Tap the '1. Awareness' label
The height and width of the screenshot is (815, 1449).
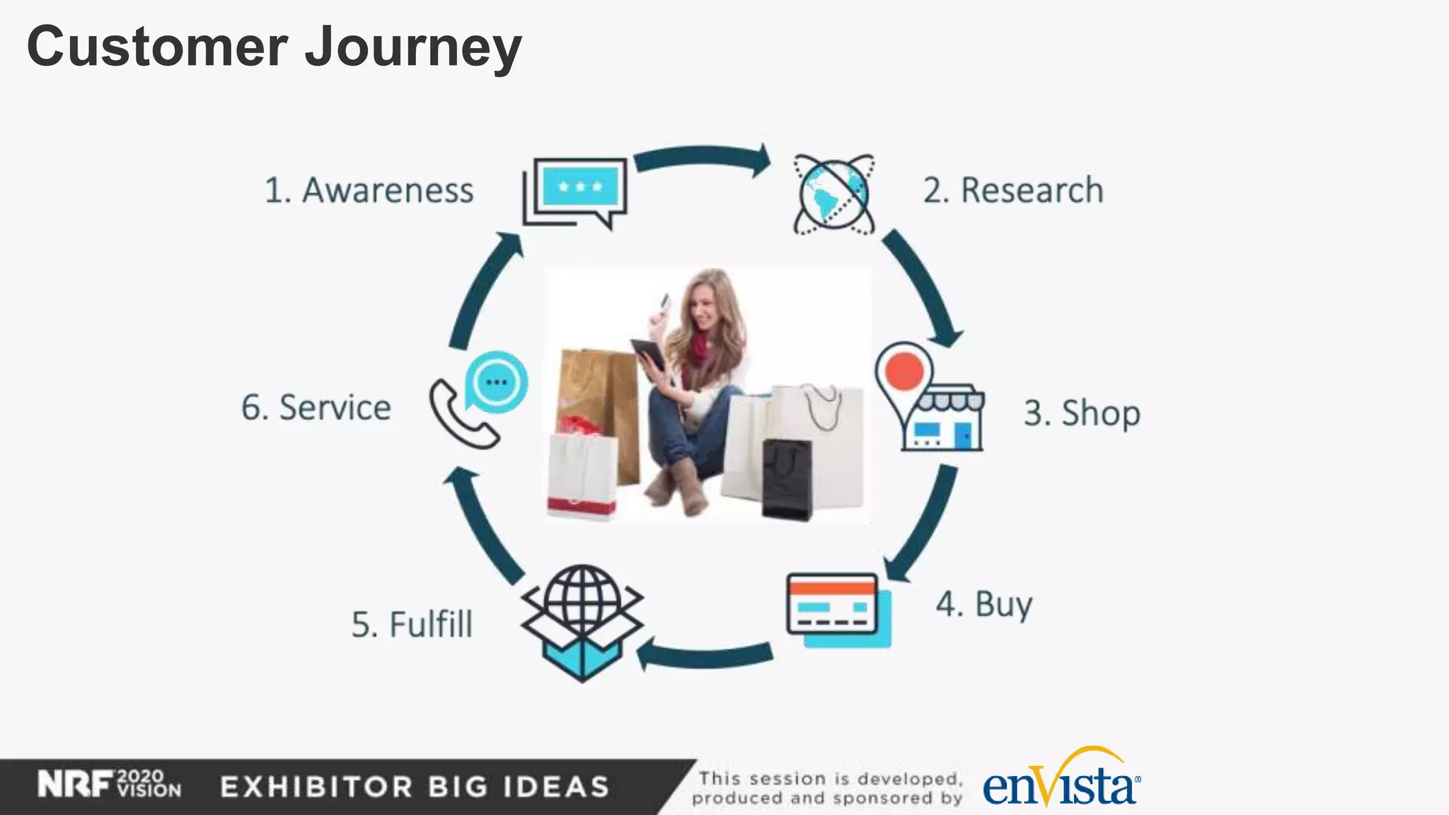(x=369, y=190)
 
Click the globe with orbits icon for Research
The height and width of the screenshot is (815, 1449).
(x=833, y=194)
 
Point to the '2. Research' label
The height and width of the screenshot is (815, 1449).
(x=1012, y=190)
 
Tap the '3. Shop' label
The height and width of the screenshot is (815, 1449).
(x=1082, y=412)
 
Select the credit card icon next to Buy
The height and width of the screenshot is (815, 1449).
(x=836, y=608)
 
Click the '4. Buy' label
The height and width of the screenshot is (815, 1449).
(x=984, y=605)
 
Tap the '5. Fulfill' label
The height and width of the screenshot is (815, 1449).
(x=412, y=625)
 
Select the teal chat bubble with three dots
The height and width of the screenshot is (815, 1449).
(x=497, y=382)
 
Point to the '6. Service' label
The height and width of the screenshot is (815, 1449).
(x=316, y=408)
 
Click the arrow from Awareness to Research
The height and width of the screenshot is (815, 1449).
(x=703, y=157)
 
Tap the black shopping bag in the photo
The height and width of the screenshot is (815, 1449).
(x=786, y=478)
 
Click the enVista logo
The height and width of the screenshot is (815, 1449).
(x=1061, y=782)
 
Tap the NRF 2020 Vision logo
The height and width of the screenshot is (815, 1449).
(x=110, y=785)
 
